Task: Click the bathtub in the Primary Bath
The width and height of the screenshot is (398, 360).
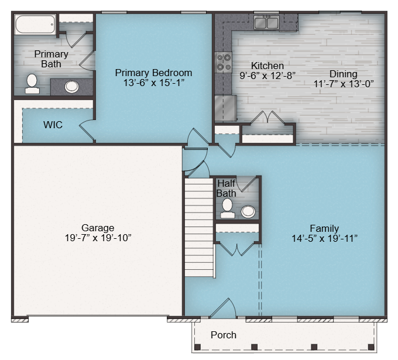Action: coord(35,25)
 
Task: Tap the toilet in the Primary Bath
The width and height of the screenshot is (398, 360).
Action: coord(32,84)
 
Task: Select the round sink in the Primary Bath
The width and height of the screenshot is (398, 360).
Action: coord(71,87)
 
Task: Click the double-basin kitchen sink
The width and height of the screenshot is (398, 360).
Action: coord(266,23)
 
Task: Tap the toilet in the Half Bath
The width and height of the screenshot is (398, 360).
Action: coord(227,208)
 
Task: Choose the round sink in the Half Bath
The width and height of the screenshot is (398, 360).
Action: coord(248,212)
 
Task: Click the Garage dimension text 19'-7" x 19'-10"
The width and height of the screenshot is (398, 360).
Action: coord(98,238)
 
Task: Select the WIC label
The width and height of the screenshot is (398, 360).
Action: coord(53,125)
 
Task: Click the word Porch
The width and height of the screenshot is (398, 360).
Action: coord(224,335)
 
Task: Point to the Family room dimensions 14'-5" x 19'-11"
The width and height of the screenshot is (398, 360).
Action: coord(324,239)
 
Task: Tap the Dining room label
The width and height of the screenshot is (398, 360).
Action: coord(343,74)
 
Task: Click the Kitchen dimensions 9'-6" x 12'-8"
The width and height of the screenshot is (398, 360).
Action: coord(267,76)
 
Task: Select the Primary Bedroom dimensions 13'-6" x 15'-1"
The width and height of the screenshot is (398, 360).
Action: coord(153,83)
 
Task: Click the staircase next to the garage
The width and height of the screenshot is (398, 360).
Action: coord(199,228)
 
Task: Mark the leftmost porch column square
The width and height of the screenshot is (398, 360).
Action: coord(197,347)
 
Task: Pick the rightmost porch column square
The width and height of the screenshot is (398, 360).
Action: coord(371,347)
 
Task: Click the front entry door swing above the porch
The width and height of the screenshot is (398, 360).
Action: coord(223,308)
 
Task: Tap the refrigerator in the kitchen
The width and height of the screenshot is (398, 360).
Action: coord(226,108)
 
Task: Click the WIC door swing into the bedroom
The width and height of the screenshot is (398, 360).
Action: coord(87,129)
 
